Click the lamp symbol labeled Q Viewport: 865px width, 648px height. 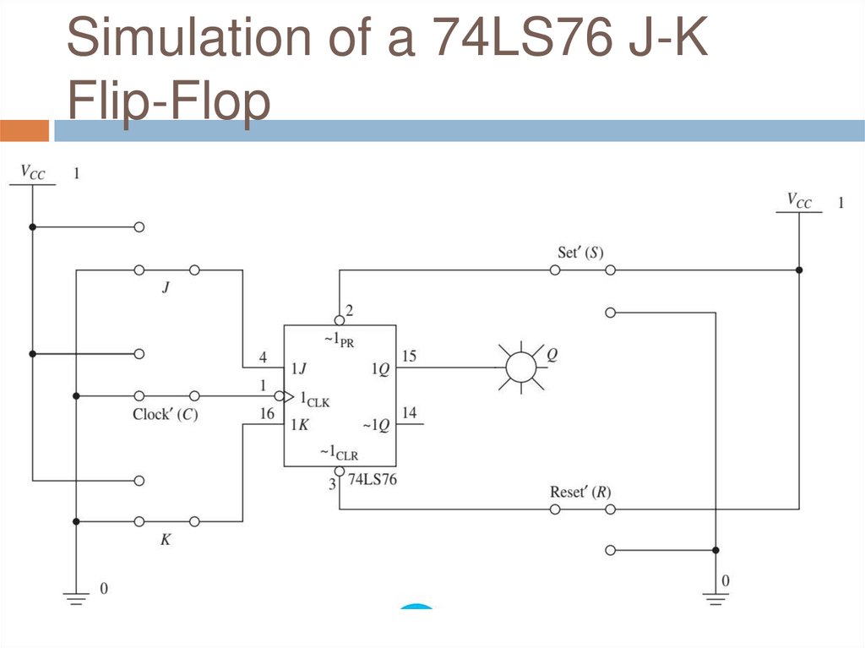[x=520, y=367]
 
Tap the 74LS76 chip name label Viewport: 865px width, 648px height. [x=373, y=479]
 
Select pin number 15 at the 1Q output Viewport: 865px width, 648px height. [x=409, y=356]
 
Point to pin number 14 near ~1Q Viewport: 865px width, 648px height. [x=410, y=413]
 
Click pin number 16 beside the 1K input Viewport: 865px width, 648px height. [x=267, y=413]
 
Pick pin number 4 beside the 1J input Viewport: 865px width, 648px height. [x=264, y=357]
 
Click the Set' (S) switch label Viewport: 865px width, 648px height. [x=580, y=253]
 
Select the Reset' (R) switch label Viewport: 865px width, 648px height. [x=580, y=492]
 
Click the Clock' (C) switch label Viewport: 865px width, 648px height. [x=166, y=415]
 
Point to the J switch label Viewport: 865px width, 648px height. [x=166, y=287]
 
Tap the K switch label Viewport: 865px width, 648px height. [x=166, y=539]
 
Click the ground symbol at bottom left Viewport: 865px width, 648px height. [x=76, y=598]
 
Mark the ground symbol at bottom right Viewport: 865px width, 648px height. [x=715, y=599]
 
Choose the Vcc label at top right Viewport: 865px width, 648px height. [x=799, y=200]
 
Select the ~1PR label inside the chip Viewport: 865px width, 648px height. [x=340, y=339]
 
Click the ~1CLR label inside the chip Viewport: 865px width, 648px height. [x=340, y=453]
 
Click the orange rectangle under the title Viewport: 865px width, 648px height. [x=24, y=131]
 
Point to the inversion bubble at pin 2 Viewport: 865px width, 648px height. [x=340, y=320]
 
